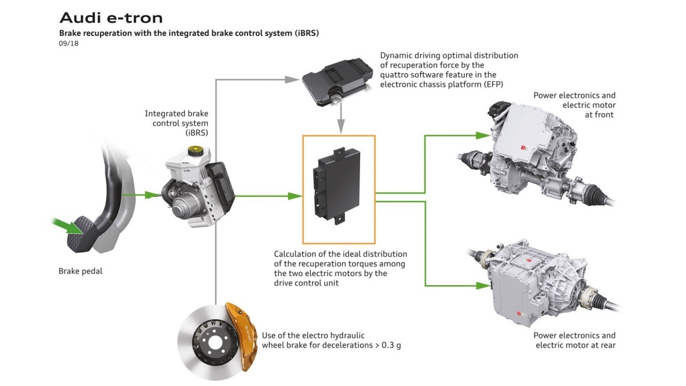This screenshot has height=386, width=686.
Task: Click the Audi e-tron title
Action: [111, 18]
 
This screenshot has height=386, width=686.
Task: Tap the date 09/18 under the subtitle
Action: [69, 43]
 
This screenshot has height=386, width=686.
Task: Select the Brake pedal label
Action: [80, 271]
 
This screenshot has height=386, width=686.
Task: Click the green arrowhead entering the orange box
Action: [295, 196]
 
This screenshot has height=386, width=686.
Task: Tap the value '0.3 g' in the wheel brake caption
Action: [390, 345]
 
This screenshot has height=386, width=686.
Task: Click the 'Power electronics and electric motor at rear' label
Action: [575, 340]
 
